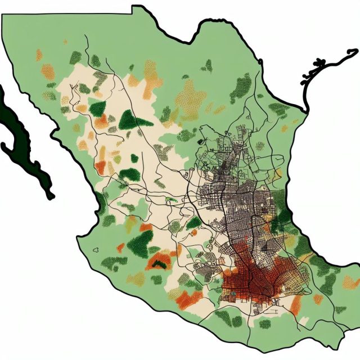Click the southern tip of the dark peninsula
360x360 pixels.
tap(51, 196)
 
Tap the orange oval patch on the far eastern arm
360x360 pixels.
tap(350, 281)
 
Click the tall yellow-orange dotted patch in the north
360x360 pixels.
tap(151, 76)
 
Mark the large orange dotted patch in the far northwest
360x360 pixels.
tap(48, 71)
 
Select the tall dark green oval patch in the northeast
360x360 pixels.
tap(242, 87)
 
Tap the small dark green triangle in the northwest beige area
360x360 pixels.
tap(97, 107)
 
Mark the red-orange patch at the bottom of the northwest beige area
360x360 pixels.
tap(101, 166)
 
